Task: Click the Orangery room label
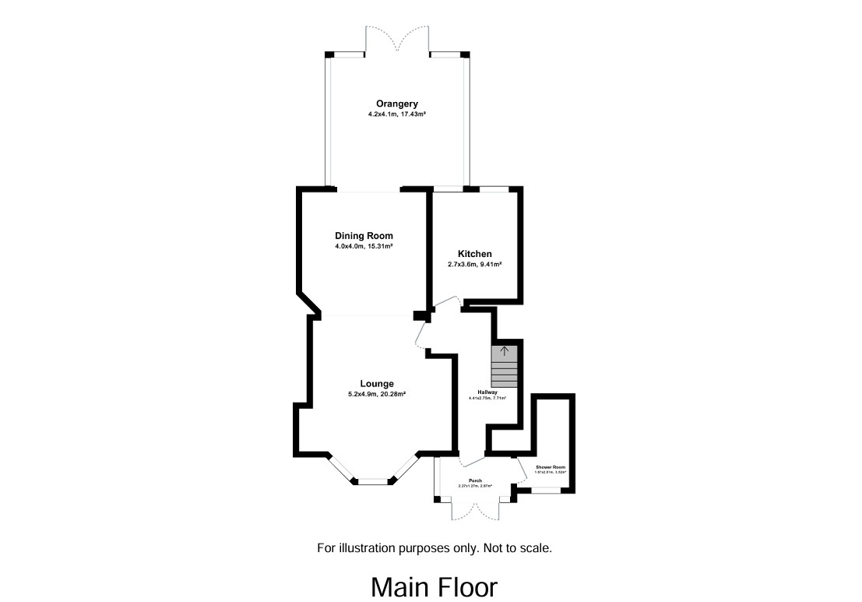pyautogui.click(x=397, y=104)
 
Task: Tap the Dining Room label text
pyautogui.click(x=364, y=236)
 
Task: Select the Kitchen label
pyautogui.click(x=474, y=254)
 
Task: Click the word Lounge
pyautogui.click(x=377, y=383)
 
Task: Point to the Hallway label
pyautogui.click(x=487, y=392)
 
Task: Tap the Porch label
pyautogui.click(x=475, y=481)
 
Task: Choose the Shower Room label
pyautogui.click(x=550, y=466)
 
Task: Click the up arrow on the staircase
pyautogui.click(x=504, y=351)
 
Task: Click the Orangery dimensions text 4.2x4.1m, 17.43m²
pyautogui.click(x=397, y=114)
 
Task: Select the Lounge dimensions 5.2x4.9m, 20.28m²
pyautogui.click(x=377, y=394)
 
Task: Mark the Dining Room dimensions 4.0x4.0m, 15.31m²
pyautogui.click(x=364, y=246)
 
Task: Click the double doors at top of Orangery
pyautogui.click(x=397, y=39)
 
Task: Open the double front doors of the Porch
pyautogui.click(x=475, y=510)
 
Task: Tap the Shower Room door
pyautogui.click(x=521, y=471)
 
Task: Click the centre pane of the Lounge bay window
pyautogui.click(x=373, y=482)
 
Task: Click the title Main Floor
pyautogui.click(x=434, y=586)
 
